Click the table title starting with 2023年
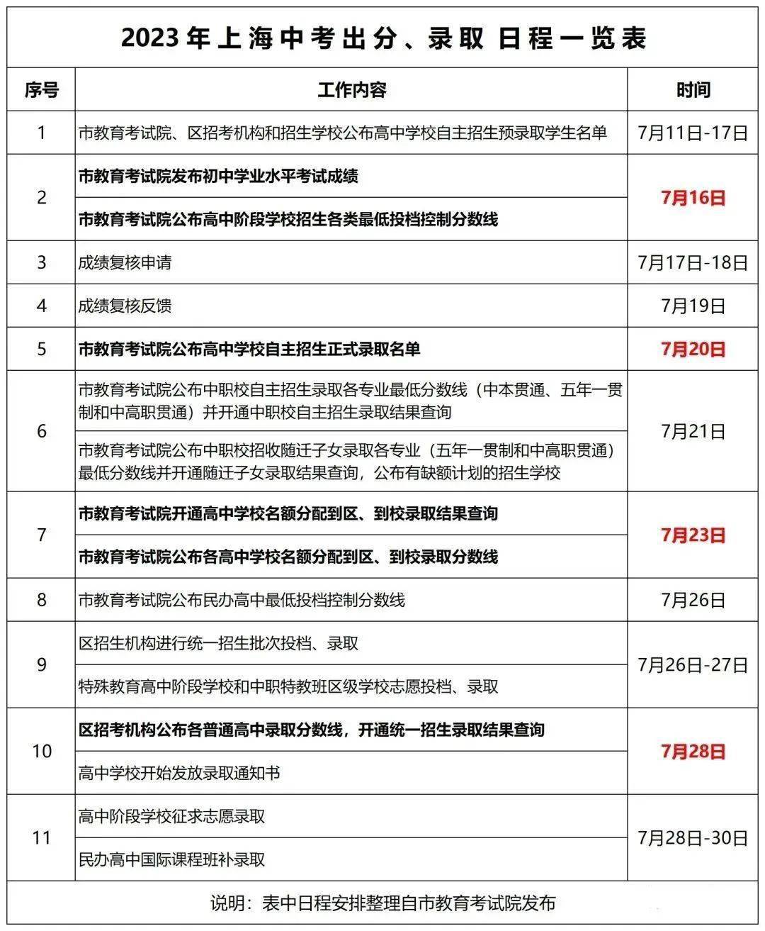tap(383, 39)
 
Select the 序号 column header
tap(41, 90)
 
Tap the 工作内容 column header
tap(351, 90)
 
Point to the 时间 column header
tap(693, 90)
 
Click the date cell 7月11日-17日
tap(693, 133)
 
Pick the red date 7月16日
tap(693, 198)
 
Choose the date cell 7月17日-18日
tap(693, 263)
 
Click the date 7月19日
tap(693, 306)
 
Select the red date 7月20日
tap(693, 349)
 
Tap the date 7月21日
tap(693, 431)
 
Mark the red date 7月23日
tap(693, 535)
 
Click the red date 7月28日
tap(693, 752)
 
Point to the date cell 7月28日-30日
tap(693, 838)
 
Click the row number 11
tap(41, 838)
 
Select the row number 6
tap(41, 431)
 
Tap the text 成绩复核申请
tap(125, 263)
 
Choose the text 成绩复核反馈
tap(125, 306)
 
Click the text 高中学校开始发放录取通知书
tap(179, 773)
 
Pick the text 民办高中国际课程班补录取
tap(171, 860)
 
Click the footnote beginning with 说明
tap(383, 903)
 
